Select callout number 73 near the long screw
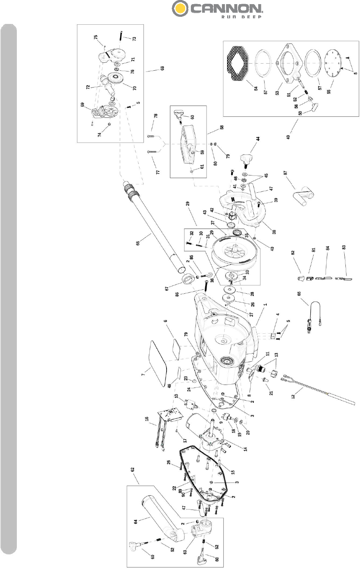tap(134, 39)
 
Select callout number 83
tap(344, 247)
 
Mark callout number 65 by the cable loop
tap(299, 294)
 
